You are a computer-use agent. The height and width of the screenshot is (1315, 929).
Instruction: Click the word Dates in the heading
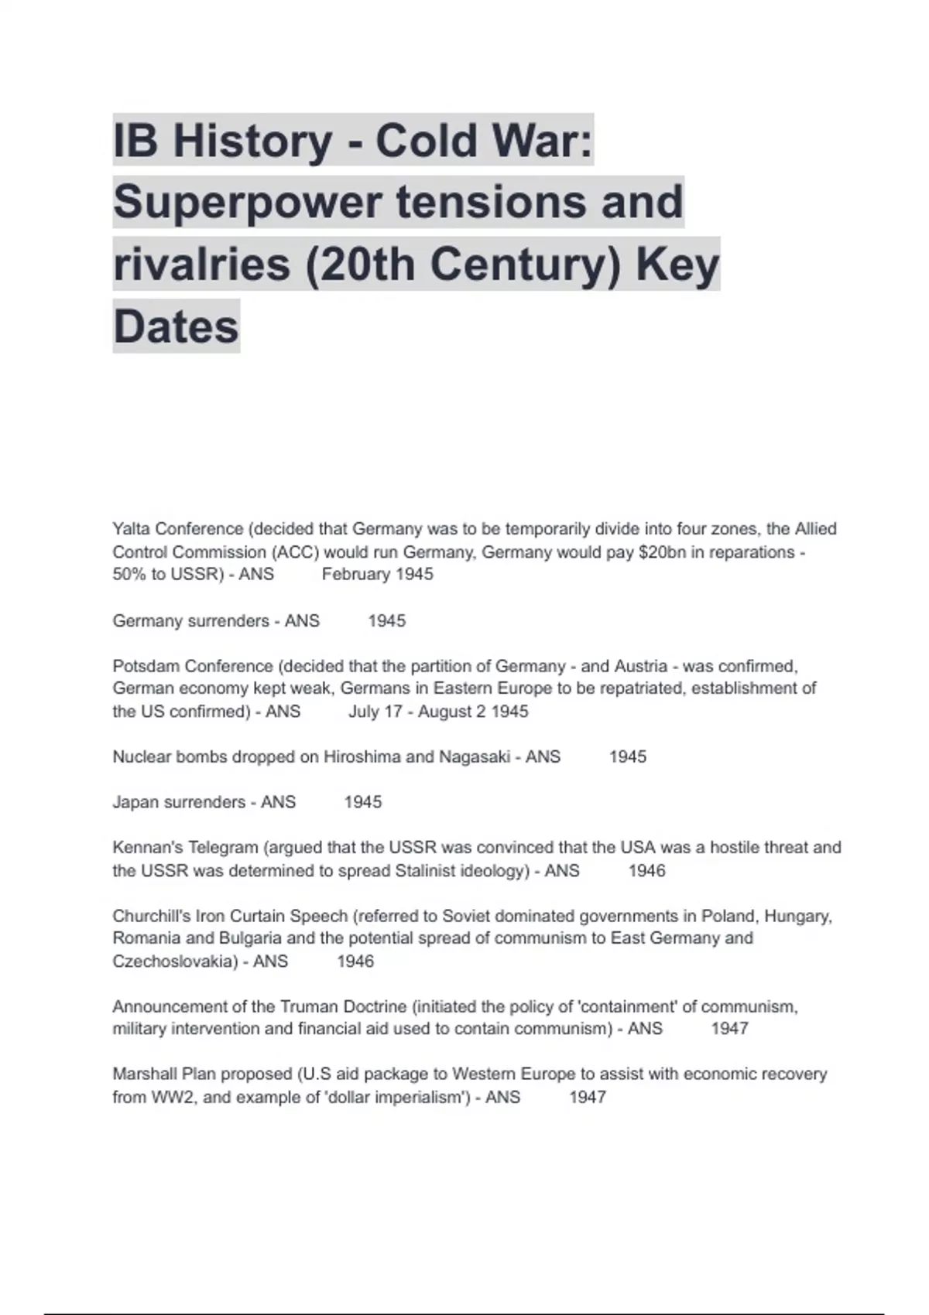(x=176, y=326)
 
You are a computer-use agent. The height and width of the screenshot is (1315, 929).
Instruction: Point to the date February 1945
(x=377, y=575)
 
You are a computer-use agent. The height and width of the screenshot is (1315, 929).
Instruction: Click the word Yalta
(x=132, y=529)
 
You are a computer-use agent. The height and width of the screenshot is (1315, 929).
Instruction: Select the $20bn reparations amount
(x=663, y=552)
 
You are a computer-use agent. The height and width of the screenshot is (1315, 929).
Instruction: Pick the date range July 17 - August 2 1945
(x=438, y=712)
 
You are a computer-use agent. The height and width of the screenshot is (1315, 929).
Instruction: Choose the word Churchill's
(x=152, y=917)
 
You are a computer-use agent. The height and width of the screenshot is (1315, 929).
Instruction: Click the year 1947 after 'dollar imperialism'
(x=588, y=1098)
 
